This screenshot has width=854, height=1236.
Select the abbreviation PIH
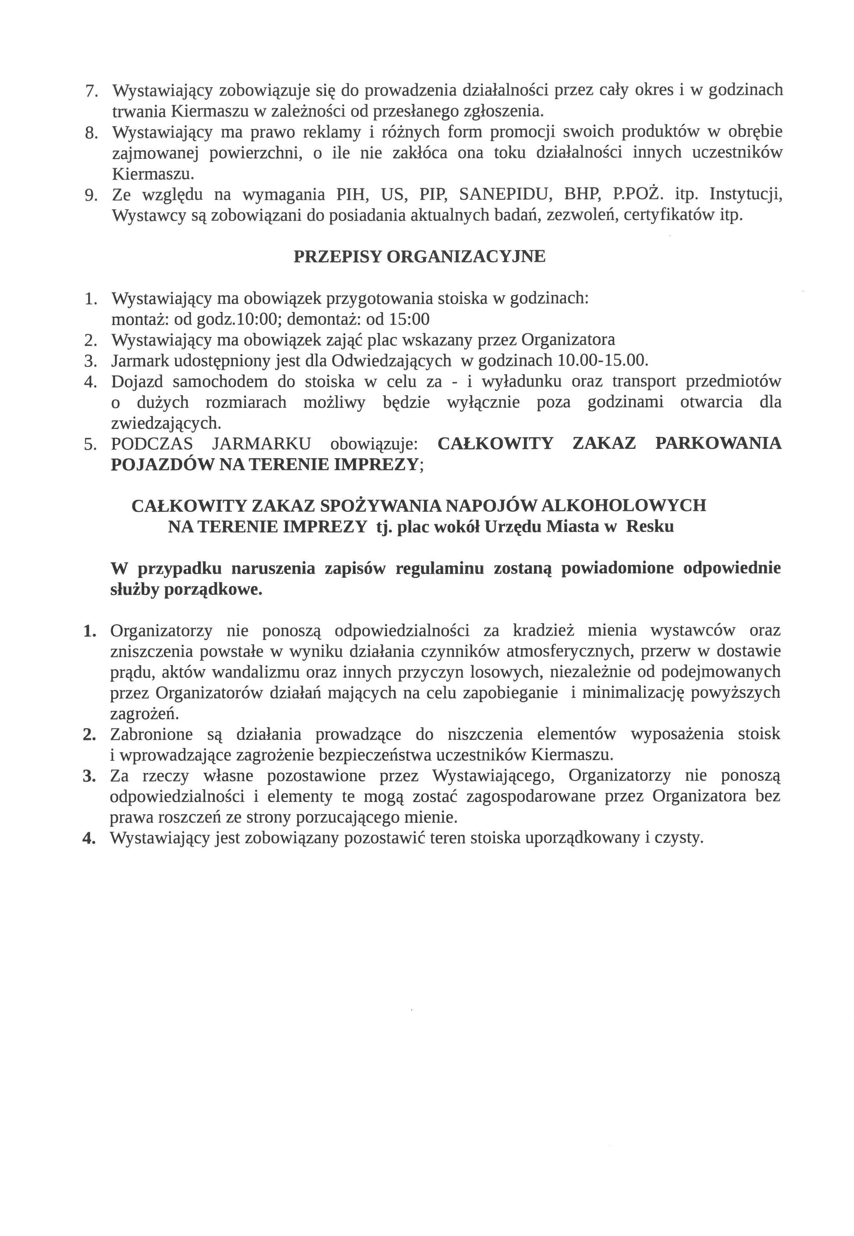click(x=351, y=194)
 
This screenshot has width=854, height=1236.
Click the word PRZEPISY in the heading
click(x=337, y=257)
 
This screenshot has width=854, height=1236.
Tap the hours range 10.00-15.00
click(x=602, y=360)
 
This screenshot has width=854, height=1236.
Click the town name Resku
click(x=650, y=527)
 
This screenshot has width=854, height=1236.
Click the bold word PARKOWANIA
click(x=718, y=444)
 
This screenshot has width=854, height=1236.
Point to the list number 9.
click(x=92, y=195)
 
